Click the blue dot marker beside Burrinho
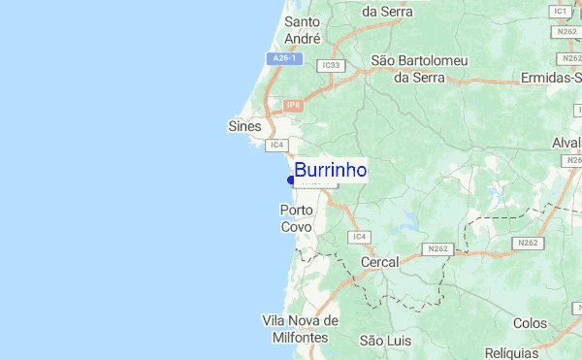click(x=291, y=179)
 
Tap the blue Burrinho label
click(x=330, y=171)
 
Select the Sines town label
click(x=244, y=126)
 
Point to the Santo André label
click(x=303, y=30)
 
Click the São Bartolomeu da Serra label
click(x=419, y=69)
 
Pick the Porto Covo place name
click(x=296, y=218)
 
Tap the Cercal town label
click(x=379, y=263)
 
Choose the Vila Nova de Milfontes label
click(x=300, y=329)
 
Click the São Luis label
click(x=385, y=341)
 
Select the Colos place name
click(x=531, y=323)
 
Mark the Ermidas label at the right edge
click(x=550, y=77)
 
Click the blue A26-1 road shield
click(x=284, y=59)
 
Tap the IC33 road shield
click(x=331, y=65)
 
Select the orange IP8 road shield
click(x=294, y=105)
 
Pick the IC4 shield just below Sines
click(x=276, y=145)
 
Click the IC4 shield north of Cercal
click(x=360, y=237)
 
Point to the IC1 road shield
click(x=560, y=12)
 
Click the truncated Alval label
click(x=566, y=143)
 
